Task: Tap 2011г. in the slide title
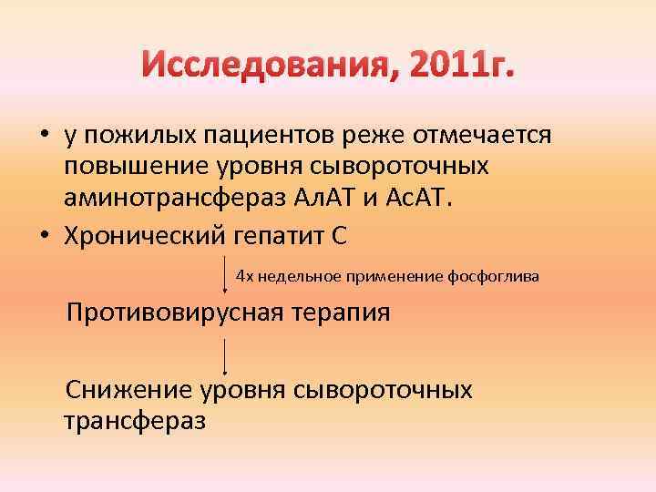point(459,65)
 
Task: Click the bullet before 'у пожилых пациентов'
point(44,137)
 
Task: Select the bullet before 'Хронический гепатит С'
point(44,235)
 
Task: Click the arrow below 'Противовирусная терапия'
point(225,356)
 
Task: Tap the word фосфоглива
point(499,275)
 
